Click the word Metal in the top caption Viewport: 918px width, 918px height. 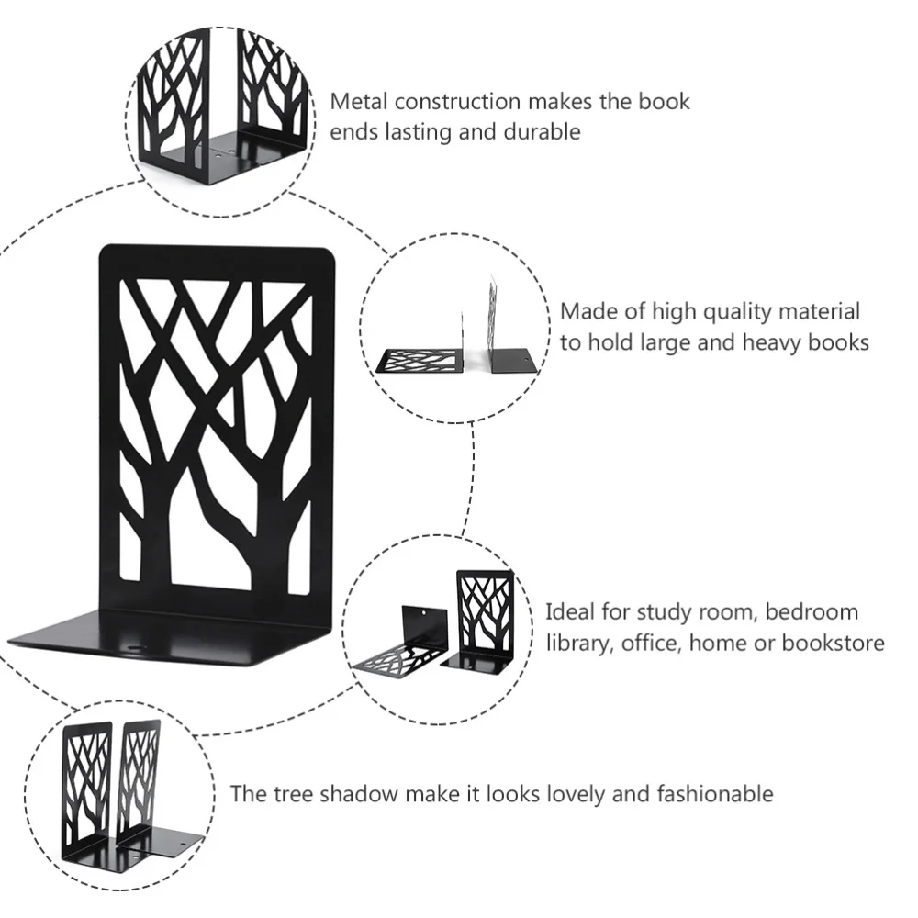[360, 101]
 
